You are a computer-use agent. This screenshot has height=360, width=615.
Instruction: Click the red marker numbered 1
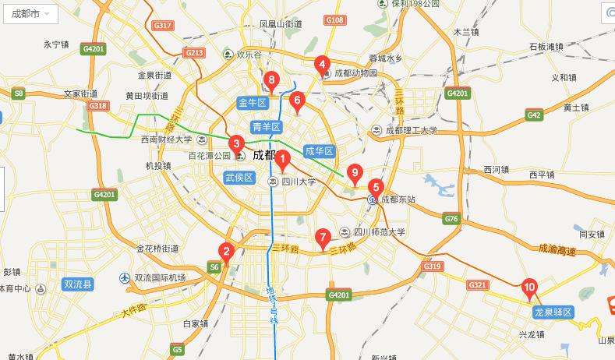tap(284, 160)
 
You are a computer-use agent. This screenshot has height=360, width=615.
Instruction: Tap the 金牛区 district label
tap(252, 103)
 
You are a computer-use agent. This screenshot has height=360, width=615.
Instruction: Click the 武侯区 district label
tap(239, 178)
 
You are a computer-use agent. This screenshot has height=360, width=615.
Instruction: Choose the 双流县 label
tap(78, 285)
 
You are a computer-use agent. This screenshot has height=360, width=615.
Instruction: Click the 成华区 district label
tap(319, 150)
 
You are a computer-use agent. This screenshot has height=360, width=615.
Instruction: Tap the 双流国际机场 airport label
tap(159, 278)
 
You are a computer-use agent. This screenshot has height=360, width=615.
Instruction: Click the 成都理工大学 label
tap(412, 130)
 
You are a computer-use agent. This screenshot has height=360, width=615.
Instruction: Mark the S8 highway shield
tap(19, 94)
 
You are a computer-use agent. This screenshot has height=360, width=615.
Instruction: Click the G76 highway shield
tap(451, 220)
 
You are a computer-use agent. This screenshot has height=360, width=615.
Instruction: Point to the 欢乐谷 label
tap(246, 55)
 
